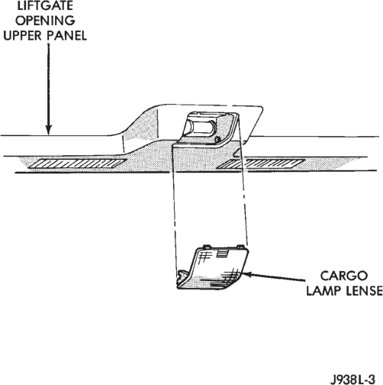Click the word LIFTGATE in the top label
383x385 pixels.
click(45, 5)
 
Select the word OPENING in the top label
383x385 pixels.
click(45, 21)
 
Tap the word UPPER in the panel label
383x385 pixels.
click(23, 35)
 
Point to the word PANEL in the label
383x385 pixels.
click(66, 35)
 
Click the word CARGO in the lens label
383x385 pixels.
click(344, 276)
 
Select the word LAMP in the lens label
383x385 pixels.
click(323, 290)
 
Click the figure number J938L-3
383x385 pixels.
click(354, 379)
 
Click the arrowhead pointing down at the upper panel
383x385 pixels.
click(48, 129)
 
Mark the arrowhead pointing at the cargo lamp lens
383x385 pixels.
click(246, 274)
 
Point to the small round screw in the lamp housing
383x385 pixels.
click(217, 139)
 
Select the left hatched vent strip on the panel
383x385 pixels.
click(77, 163)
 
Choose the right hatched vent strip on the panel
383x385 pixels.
click(261, 164)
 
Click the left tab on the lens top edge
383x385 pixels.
click(206, 246)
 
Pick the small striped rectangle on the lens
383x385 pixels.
click(223, 254)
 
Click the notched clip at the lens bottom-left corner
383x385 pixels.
click(182, 276)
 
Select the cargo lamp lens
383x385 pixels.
click(213, 268)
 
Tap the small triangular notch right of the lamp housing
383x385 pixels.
click(237, 153)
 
